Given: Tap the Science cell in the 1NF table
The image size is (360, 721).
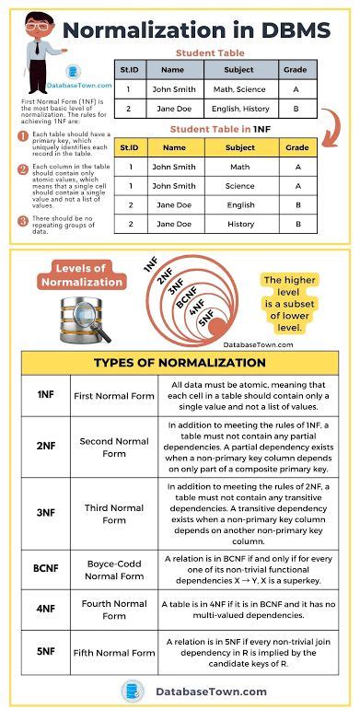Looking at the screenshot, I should [240, 186].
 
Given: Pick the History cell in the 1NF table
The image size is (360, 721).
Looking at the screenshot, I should [240, 225].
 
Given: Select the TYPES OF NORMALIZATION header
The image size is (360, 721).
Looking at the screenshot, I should [180, 362].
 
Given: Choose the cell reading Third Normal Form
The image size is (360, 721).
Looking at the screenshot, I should [114, 514].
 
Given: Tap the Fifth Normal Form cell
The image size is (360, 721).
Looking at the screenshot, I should [114, 653].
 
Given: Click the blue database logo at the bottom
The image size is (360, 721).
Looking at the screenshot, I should [133, 691].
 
